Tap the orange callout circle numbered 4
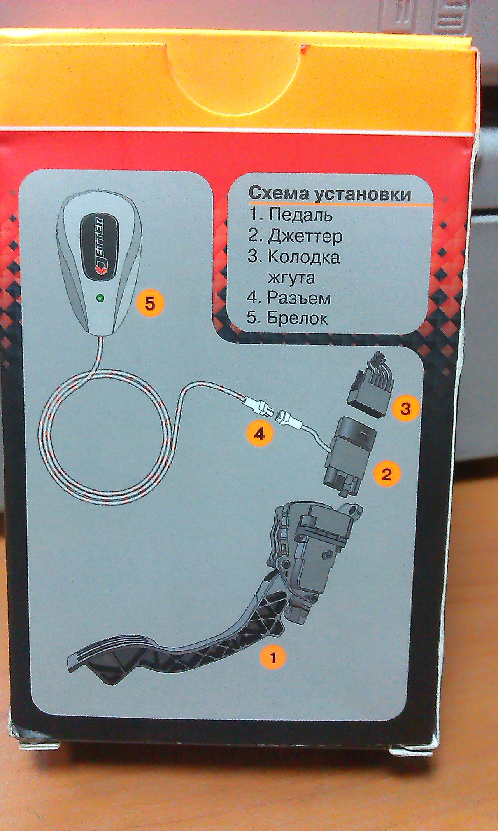click(x=259, y=433)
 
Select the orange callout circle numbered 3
click(x=405, y=408)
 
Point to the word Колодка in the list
click(x=304, y=257)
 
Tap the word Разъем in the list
click(x=299, y=298)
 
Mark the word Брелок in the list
click(x=298, y=319)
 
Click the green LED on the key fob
click(x=100, y=299)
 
